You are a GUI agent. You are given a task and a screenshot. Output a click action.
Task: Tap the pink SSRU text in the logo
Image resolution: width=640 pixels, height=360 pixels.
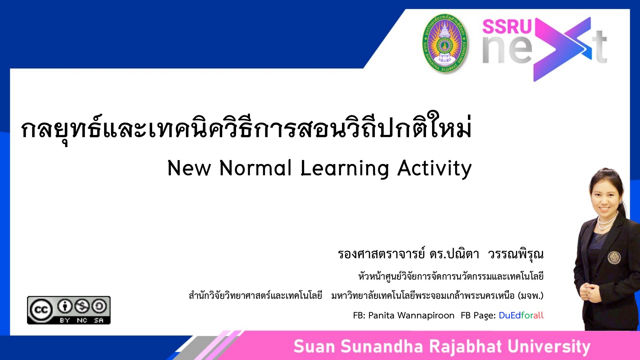(506, 26)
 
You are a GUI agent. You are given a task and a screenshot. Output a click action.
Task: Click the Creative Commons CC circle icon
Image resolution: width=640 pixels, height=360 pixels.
(41, 309)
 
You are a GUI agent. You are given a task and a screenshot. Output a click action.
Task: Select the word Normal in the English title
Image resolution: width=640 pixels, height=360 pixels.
(255, 168)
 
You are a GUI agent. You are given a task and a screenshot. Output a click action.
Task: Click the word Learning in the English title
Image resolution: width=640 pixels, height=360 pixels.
(345, 169)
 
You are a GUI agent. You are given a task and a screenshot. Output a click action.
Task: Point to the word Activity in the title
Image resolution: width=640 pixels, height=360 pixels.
(434, 169)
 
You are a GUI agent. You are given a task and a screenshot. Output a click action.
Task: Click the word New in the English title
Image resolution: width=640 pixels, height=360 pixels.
(189, 168)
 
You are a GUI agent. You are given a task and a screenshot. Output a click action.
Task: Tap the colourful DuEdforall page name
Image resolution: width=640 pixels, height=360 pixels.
(521, 315)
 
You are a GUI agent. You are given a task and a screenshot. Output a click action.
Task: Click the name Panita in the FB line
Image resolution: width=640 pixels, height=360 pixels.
(382, 315)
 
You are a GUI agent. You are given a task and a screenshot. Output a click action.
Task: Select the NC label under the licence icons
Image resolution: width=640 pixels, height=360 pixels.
(82, 320)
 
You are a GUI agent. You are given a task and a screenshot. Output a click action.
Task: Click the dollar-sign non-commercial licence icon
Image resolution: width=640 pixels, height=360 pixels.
(82, 306)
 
